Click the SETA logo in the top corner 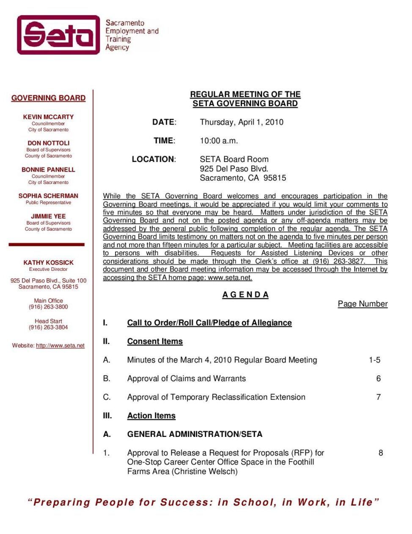(x=58, y=35)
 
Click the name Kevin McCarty (x=48, y=117)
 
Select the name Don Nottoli (x=48, y=143)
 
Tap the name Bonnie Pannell (x=48, y=170)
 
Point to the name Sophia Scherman (x=48, y=196)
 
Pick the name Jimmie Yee (x=48, y=216)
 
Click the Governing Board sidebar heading (x=48, y=98)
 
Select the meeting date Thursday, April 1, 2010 (x=242, y=122)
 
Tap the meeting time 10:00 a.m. (x=219, y=141)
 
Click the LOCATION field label (x=154, y=159)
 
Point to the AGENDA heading (x=245, y=295)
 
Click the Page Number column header (x=363, y=304)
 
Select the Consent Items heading (x=155, y=342)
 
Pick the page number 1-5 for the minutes (x=374, y=360)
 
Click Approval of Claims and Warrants (x=186, y=378)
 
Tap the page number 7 (x=379, y=397)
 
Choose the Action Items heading (x=151, y=416)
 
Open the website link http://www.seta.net (x=60, y=346)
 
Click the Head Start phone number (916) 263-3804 (x=48, y=327)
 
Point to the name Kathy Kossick (x=48, y=263)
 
